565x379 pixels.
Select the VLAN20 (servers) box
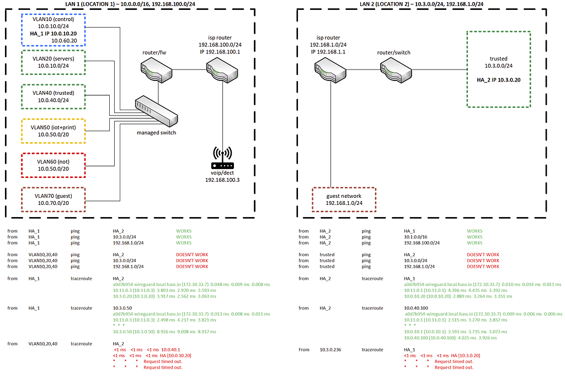click(53, 62)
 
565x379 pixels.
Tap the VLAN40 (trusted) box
click(53, 96)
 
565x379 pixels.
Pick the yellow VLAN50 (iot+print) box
click(53, 131)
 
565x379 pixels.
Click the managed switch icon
click(156, 110)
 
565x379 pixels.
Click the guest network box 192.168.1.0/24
click(343, 199)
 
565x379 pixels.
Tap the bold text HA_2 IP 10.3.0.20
click(498, 79)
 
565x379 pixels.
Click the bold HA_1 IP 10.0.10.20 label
click(53, 33)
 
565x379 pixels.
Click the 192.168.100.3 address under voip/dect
click(222, 180)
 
